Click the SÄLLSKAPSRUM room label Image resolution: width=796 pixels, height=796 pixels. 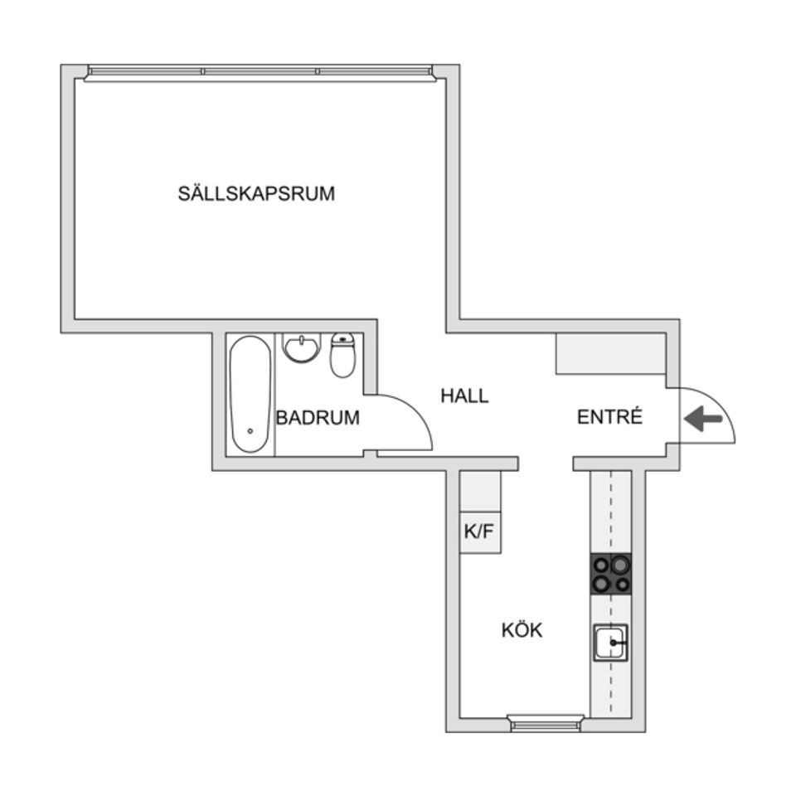click(x=256, y=194)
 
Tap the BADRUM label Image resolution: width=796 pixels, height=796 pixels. click(x=318, y=418)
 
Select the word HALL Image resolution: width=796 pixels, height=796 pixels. click(x=464, y=396)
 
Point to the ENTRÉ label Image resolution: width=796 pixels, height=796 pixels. click(x=609, y=417)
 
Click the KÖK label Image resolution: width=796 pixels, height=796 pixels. click(x=522, y=630)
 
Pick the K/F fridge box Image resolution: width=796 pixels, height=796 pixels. click(x=481, y=532)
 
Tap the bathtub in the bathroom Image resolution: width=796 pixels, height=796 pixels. click(x=250, y=394)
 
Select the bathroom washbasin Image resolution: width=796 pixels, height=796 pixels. click(x=301, y=347)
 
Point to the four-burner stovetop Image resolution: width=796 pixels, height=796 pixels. click(x=610, y=574)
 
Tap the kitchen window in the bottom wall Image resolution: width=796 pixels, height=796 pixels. click(x=546, y=723)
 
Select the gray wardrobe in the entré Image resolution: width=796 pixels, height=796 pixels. click(x=610, y=354)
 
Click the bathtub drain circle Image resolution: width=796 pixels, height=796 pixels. click(x=250, y=431)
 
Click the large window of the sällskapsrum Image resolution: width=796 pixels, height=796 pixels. click(x=260, y=73)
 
